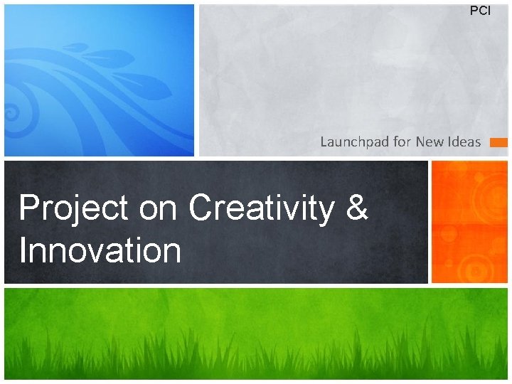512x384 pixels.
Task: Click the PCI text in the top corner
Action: coord(480,11)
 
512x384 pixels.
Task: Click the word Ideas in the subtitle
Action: coord(464,142)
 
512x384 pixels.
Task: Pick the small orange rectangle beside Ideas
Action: coord(498,142)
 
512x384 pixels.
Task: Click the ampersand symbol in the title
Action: coord(358,209)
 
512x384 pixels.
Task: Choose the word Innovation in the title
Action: coord(100,250)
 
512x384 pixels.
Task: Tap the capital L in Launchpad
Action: coord(324,142)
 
